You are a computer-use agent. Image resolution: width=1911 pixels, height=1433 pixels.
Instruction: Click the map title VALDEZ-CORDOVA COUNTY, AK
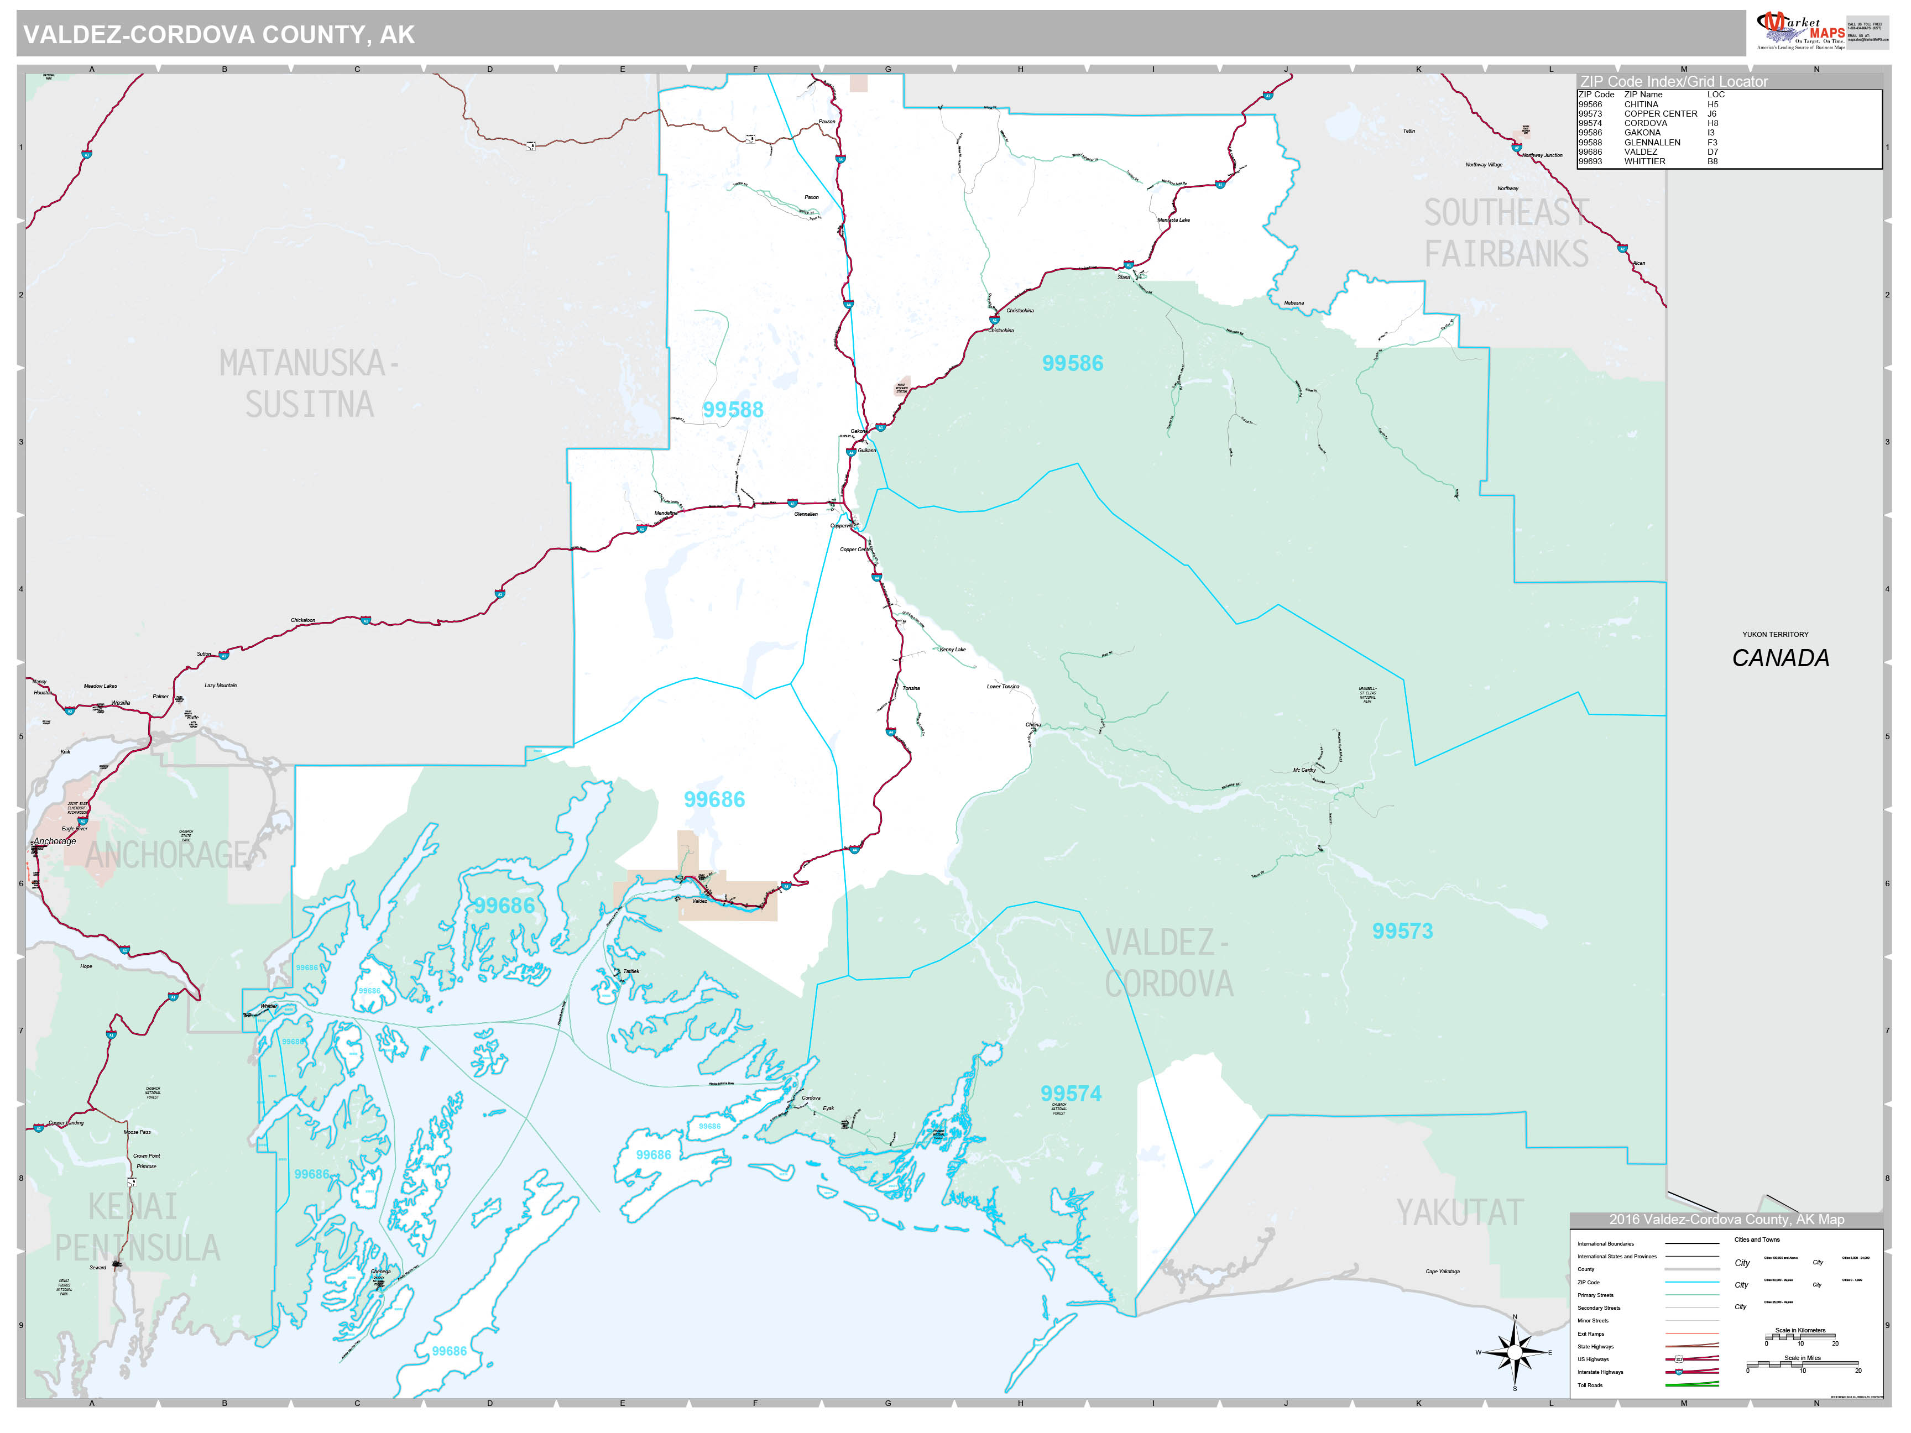(x=218, y=34)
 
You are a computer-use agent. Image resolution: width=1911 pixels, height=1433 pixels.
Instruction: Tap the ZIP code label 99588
(x=733, y=410)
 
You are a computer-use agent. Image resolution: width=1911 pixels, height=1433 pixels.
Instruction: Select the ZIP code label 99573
(x=1402, y=931)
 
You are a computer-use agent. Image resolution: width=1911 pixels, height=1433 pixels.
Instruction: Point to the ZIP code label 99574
(x=1071, y=1094)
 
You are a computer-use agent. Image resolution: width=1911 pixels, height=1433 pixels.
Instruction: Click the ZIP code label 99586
(x=1072, y=364)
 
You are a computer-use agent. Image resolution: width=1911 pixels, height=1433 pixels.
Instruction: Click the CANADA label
(x=1780, y=658)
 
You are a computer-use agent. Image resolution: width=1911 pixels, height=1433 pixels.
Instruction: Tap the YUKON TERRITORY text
(x=1774, y=634)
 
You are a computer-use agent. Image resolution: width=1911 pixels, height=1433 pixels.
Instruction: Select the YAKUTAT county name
(x=1459, y=1213)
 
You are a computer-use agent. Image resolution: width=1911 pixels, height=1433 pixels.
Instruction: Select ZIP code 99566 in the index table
(x=1590, y=104)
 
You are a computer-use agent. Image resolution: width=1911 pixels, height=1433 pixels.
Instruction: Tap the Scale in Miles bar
(x=1802, y=1365)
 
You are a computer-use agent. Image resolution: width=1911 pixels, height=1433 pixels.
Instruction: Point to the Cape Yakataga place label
(x=1442, y=1272)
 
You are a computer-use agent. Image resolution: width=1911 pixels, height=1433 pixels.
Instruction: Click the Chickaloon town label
(x=302, y=620)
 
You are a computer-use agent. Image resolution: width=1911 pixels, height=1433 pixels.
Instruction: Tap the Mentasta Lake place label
(x=1173, y=220)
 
